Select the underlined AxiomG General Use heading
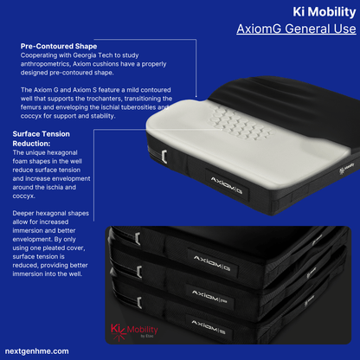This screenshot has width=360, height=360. coord(296,29)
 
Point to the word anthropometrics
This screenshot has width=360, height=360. coord(48,64)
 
